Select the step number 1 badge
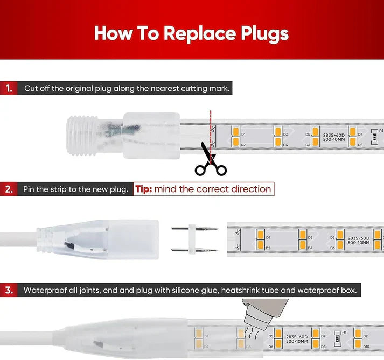pos(9,88)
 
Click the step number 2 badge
pos(9,189)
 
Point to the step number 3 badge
pos(9,290)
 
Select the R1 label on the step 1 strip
pos(381,131)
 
